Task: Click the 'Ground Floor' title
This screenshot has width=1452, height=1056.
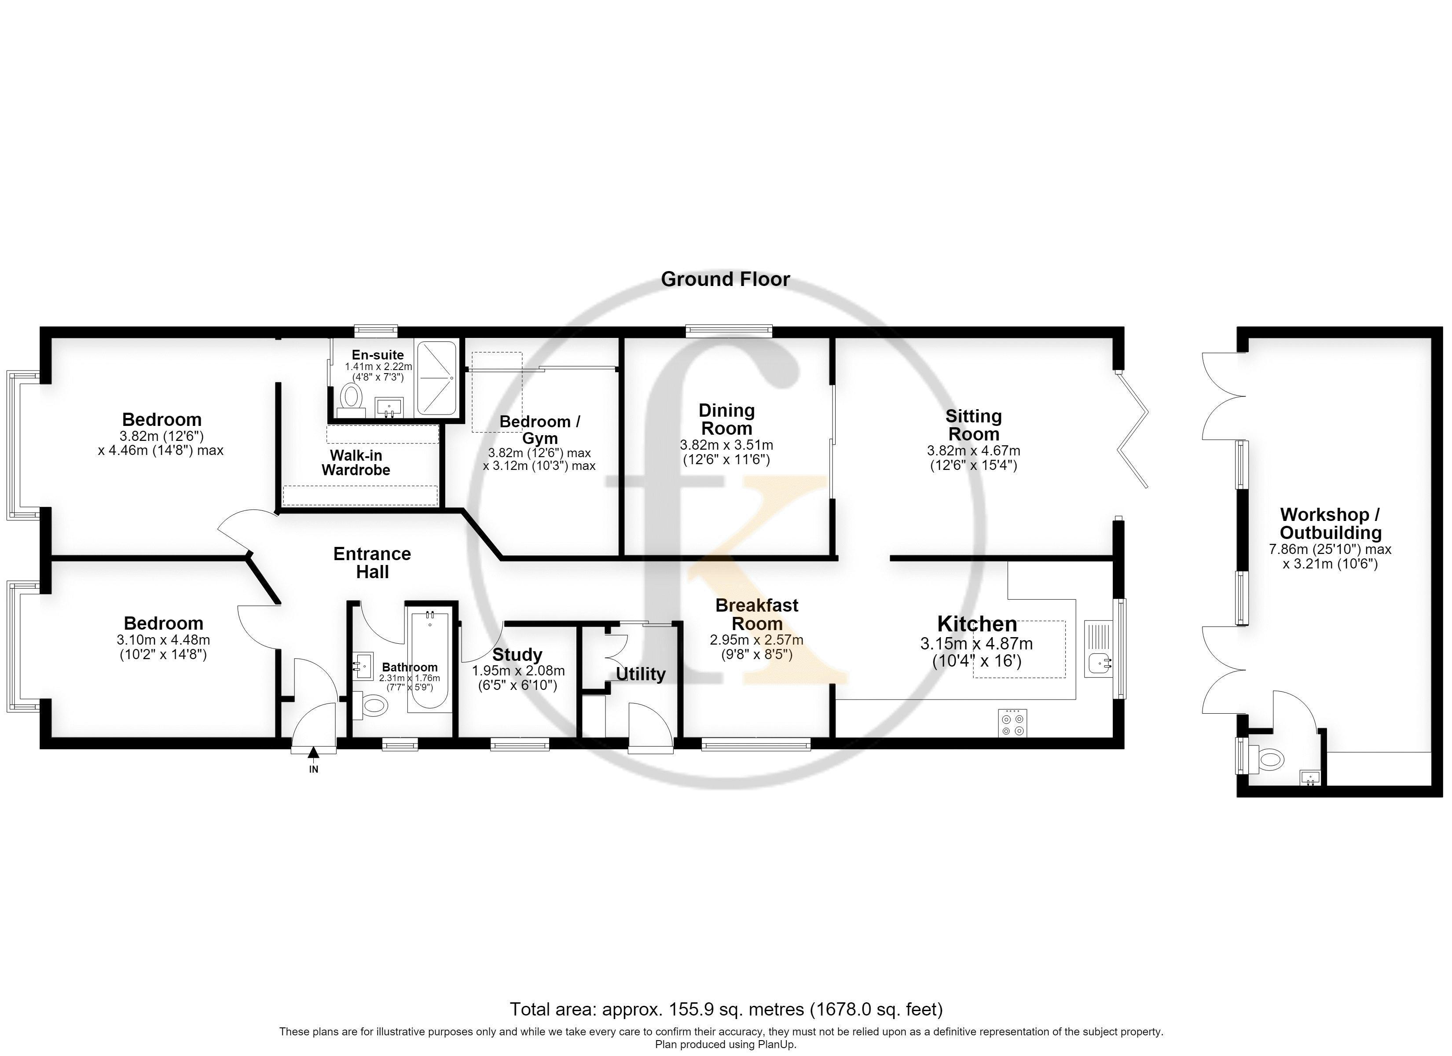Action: (x=726, y=279)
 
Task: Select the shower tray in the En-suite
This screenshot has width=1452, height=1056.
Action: (x=436, y=378)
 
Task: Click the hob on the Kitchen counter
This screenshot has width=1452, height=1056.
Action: (x=1013, y=723)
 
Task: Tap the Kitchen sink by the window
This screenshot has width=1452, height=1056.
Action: (x=1099, y=648)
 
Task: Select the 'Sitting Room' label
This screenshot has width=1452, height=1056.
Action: (x=973, y=425)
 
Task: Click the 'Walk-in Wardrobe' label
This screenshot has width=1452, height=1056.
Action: (x=356, y=462)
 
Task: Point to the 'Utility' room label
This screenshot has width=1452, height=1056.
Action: (x=640, y=675)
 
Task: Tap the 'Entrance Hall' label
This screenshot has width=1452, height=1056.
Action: (x=372, y=563)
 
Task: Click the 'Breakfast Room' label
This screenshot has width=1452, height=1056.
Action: (x=757, y=614)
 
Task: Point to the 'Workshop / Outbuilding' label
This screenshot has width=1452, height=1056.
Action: (x=1331, y=523)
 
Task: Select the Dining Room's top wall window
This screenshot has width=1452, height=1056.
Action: (x=729, y=330)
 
